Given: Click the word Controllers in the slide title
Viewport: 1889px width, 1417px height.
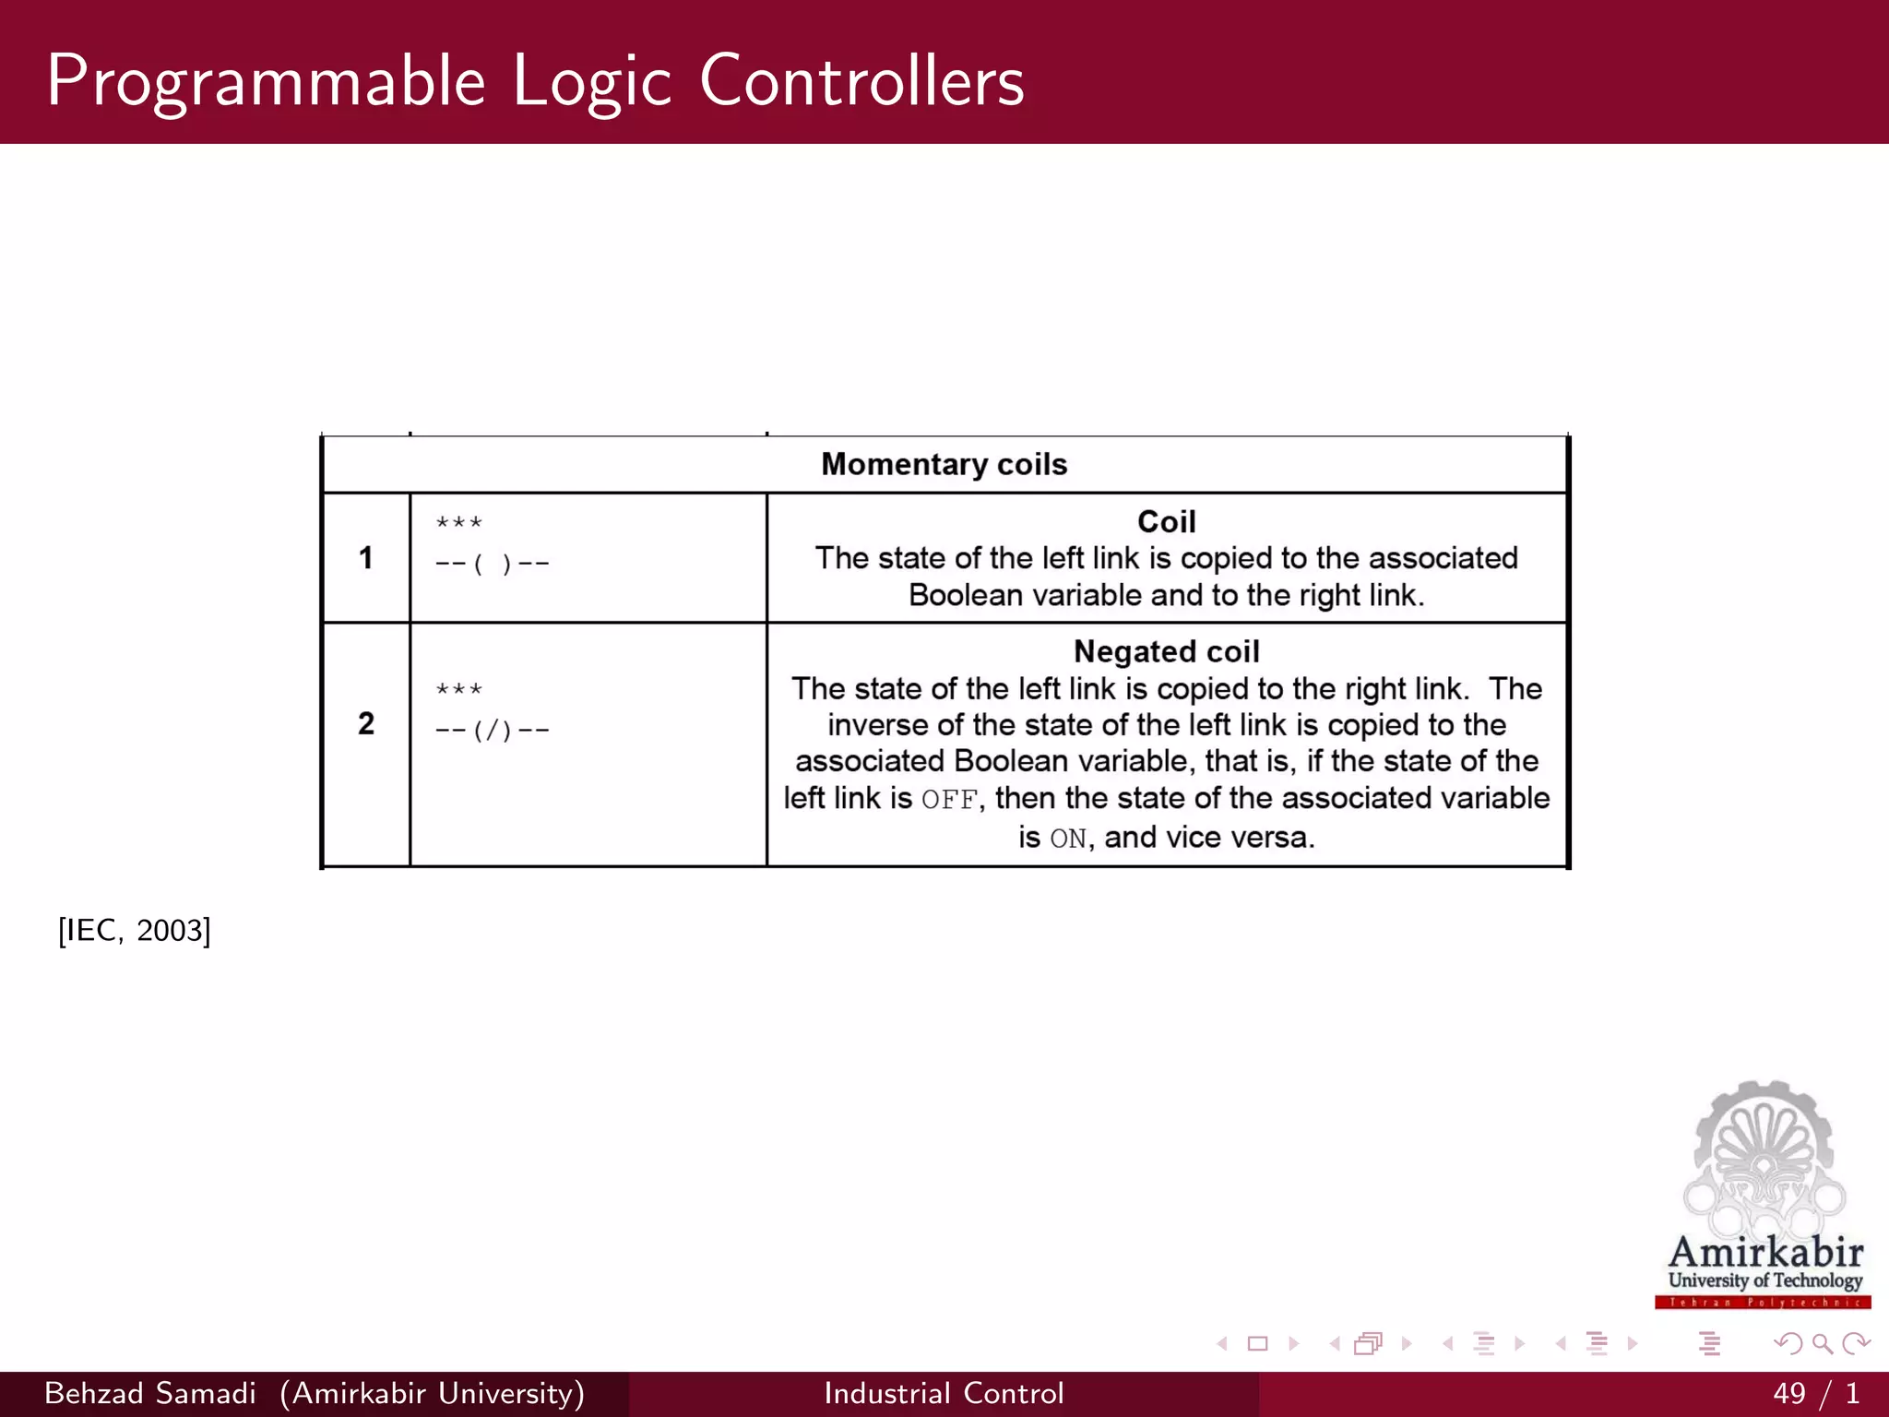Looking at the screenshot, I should point(861,81).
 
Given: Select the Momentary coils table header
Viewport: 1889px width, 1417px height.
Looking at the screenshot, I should point(944,464).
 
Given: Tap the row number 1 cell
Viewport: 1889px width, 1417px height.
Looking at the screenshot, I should point(366,558).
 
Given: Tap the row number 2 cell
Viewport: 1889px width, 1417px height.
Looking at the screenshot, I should point(366,723).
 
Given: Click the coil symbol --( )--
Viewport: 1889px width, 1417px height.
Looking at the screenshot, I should point(493,563).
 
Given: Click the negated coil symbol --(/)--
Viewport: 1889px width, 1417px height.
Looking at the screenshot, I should point(493,730).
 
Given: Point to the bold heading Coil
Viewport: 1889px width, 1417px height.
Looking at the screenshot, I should point(1166,522).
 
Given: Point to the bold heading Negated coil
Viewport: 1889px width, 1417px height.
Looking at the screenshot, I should point(1166,652).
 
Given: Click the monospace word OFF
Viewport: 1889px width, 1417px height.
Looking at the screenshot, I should point(949,800).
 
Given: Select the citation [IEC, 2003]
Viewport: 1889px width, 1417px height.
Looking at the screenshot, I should point(135,930).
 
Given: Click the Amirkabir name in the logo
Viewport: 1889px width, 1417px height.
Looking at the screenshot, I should point(1764,1252).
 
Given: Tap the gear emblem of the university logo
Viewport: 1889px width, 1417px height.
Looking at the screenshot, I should point(1763,1153).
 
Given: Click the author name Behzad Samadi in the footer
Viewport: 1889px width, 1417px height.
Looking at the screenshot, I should point(149,1393).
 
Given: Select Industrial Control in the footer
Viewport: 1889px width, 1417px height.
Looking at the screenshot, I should point(944,1393).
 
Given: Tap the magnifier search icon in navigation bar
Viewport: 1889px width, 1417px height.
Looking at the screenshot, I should point(1822,1344).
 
